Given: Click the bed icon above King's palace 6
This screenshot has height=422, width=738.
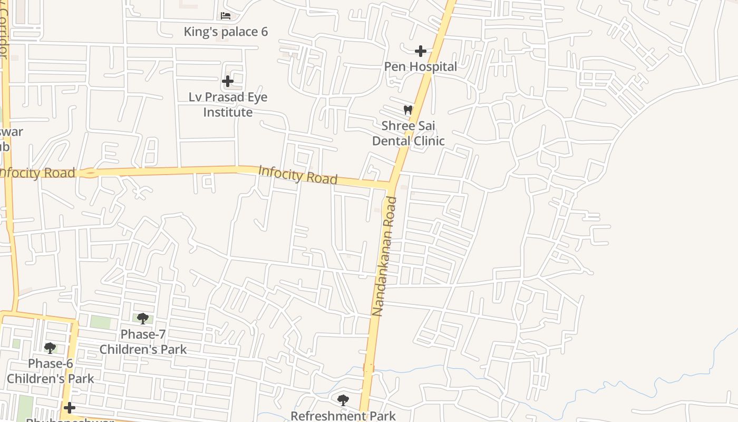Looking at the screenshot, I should click(x=226, y=15).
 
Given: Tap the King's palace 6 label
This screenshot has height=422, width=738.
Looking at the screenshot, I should click(x=226, y=32).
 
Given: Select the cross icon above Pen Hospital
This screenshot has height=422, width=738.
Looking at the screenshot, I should click(x=420, y=51).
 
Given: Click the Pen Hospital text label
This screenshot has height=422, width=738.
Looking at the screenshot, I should click(x=420, y=66).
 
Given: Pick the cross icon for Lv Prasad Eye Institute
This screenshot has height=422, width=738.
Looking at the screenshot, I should click(x=228, y=81).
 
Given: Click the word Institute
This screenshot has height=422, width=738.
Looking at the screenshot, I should click(x=228, y=112).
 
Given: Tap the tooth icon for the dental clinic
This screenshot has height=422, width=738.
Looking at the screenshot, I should click(x=407, y=110).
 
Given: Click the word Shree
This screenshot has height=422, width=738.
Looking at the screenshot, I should click(x=397, y=126).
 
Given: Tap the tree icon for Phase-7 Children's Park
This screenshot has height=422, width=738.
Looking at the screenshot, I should click(x=142, y=318).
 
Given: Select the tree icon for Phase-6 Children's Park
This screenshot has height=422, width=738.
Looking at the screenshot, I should click(x=50, y=348).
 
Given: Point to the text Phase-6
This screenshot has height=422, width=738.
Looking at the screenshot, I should click(x=51, y=363).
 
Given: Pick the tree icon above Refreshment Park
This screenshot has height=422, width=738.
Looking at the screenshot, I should click(x=343, y=400).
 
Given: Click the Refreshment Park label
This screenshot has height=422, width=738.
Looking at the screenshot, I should click(x=343, y=416).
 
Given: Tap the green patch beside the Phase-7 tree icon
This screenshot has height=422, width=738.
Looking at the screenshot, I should click(x=100, y=321).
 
